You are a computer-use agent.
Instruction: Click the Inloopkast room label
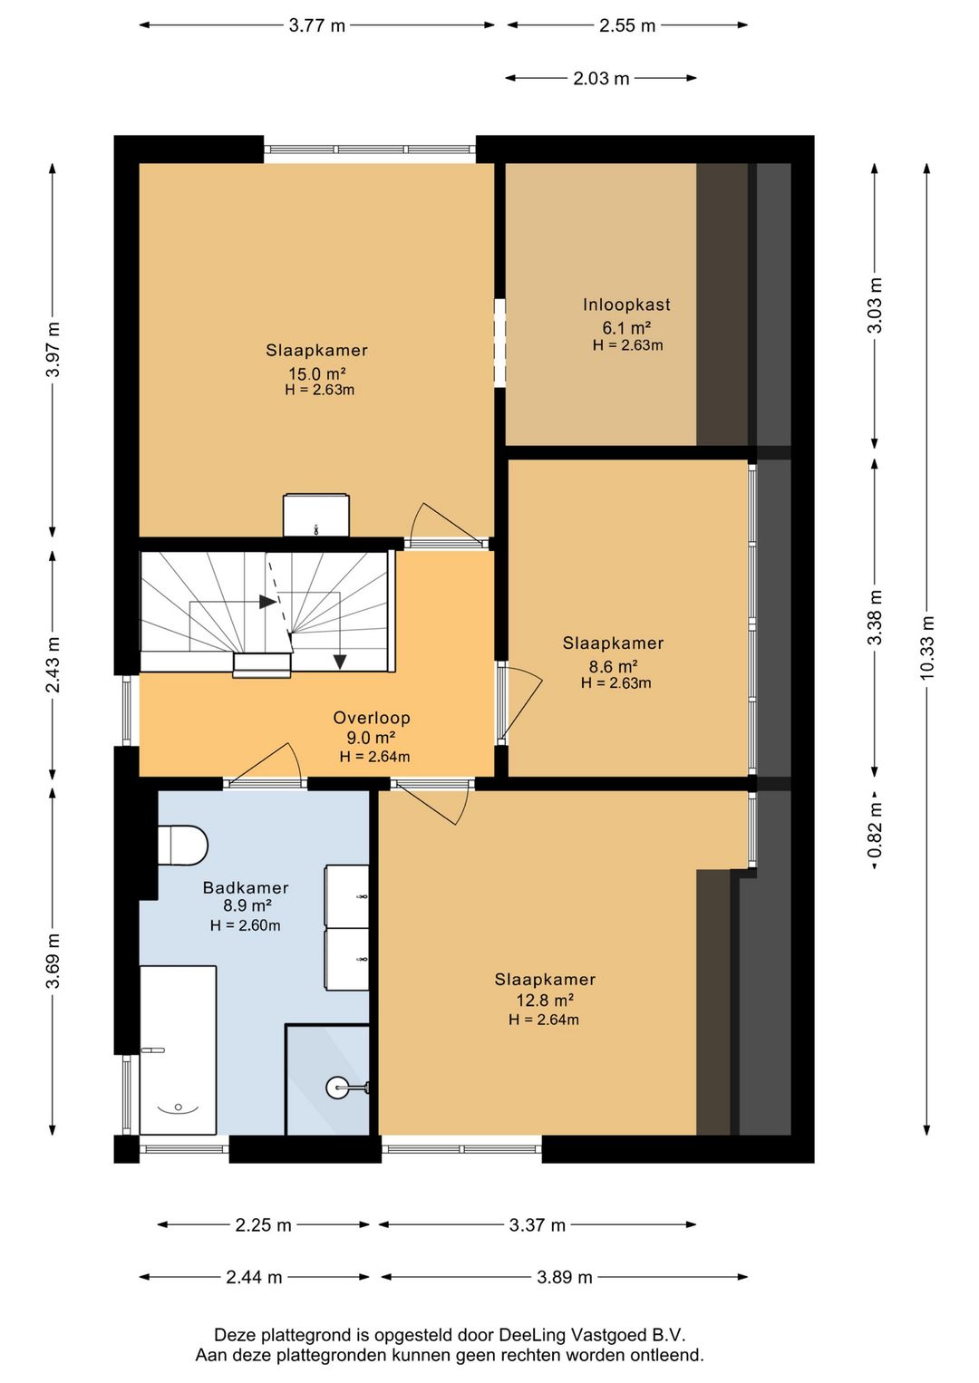[626, 305]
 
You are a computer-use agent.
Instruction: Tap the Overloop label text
[372, 718]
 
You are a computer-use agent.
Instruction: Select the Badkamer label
[246, 888]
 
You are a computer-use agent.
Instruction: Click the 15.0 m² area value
[316, 373]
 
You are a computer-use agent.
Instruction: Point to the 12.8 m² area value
[545, 1001]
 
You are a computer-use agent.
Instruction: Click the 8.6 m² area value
[613, 666]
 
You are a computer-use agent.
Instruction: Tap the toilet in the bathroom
[182, 846]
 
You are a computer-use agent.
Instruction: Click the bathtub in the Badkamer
[178, 1049]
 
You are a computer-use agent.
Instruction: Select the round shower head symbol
[337, 1088]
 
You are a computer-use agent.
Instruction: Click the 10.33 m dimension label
[926, 648]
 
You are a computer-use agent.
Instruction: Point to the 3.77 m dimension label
[317, 26]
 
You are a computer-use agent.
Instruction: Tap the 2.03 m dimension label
[601, 79]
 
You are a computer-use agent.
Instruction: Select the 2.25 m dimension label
[263, 1225]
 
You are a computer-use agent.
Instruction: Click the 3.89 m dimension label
[565, 1277]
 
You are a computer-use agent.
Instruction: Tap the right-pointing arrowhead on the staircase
[267, 602]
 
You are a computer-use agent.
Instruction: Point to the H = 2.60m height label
[246, 925]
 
